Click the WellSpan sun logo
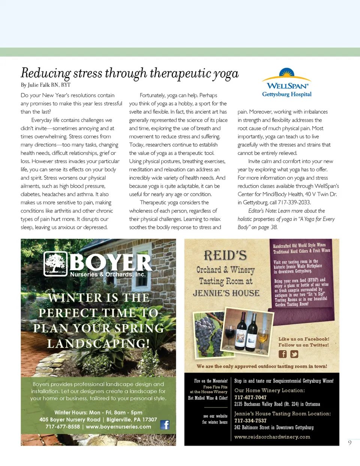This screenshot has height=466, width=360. point(286,73)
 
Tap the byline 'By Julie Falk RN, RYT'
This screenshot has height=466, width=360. point(46,85)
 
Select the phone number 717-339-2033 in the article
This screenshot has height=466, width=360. point(294,202)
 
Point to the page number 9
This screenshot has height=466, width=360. point(349,443)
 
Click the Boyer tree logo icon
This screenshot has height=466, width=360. point(55,264)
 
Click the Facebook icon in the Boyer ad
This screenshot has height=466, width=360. point(165,424)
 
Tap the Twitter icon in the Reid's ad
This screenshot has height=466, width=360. point(294,354)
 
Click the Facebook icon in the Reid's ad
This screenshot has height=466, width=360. point(283,354)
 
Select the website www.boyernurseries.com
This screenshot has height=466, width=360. point(118,427)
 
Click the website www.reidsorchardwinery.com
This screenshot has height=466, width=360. point(272,437)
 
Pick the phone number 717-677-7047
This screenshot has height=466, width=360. point(250,397)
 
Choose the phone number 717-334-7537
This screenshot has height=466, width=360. point(250,421)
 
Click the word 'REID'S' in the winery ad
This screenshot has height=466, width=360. point(225,256)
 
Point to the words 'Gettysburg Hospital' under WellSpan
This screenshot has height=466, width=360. point(287,94)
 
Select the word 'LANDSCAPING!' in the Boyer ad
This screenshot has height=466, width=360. point(98,343)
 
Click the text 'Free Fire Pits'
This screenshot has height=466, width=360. point(215,387)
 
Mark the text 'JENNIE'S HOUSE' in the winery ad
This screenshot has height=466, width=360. point(226,293)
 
